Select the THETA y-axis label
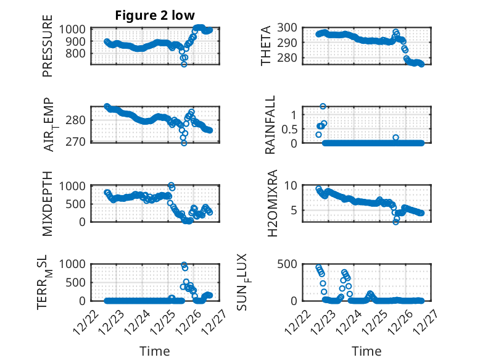[266, 46]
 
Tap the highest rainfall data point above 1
[323, 106]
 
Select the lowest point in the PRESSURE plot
[184, 64]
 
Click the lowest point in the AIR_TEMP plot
[184, 143]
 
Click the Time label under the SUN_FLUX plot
[366, 351]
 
